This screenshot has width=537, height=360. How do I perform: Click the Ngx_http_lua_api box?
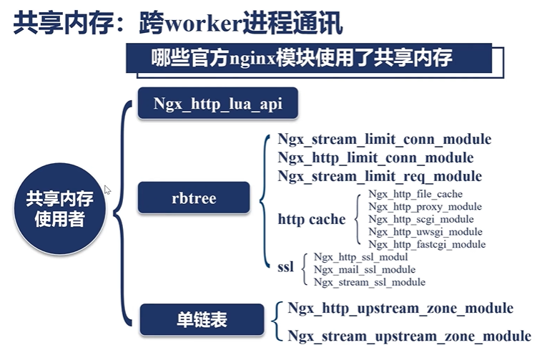218,104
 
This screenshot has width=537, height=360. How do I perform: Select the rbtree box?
194,198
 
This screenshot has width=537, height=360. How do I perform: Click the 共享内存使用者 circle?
59,207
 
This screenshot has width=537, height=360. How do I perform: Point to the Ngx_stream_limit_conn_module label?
384,139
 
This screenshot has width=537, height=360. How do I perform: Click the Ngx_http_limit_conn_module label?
375,157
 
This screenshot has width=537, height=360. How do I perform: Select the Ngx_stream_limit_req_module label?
380,176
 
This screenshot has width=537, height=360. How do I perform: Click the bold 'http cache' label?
312,219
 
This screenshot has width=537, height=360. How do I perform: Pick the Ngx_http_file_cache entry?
415,194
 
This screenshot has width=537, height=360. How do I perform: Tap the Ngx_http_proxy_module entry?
425,207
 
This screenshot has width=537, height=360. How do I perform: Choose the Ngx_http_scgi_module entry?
421,219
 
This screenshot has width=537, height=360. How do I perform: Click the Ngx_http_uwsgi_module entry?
425,232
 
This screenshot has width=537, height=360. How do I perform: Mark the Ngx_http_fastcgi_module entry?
427,245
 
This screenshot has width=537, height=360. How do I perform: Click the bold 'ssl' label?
285,268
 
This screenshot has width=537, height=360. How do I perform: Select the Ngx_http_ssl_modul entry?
360,257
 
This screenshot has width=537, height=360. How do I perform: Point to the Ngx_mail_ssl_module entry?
364,270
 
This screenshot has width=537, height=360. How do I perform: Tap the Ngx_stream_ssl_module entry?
369,283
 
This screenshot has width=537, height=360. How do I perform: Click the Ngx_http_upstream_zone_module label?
400,308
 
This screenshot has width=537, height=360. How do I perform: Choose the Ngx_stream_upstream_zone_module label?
409,336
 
